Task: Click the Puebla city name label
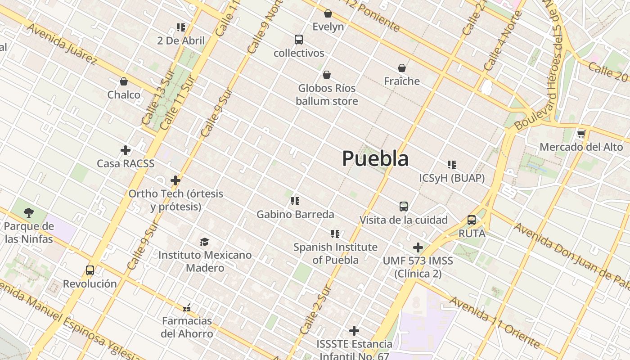(375, 158)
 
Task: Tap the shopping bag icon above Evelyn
(328, 13)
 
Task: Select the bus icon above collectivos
(299, 40)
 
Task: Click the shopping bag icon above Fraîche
(402, 68)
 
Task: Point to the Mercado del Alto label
(581, 147)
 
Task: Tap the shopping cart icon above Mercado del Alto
(581, 134)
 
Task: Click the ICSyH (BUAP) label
(452, 178)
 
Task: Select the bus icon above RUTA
(472, 220)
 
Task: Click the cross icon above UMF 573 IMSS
(418, 247)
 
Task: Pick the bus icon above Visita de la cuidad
(404, 207)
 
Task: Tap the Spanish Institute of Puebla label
(335, 253)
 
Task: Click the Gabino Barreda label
(295, 215)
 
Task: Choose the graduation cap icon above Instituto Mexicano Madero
(205, 242)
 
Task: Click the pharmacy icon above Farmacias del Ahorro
(187, 308)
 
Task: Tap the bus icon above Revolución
(90, 270)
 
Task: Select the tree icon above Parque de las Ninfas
(29, 212)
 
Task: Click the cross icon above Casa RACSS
(126, 150)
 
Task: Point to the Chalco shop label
(124, 95)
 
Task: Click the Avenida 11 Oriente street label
(495, 322)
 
